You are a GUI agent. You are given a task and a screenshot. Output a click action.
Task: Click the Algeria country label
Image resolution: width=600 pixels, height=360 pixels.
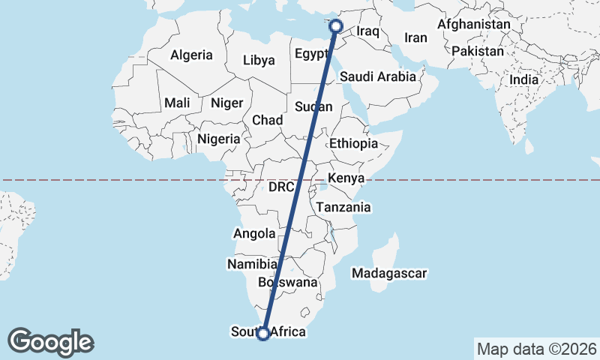192,55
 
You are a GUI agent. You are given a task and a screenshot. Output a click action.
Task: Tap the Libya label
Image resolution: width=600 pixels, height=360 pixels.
259,59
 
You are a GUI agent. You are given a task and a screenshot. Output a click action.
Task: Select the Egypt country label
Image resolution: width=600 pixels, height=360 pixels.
312,54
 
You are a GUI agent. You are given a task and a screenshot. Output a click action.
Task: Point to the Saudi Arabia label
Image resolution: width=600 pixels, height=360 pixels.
377,76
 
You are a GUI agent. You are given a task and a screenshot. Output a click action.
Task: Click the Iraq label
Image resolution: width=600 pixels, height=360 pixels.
369,31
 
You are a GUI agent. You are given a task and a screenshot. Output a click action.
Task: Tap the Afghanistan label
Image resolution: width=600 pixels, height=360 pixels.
473,25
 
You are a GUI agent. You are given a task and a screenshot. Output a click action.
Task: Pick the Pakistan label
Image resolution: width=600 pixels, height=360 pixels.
478,51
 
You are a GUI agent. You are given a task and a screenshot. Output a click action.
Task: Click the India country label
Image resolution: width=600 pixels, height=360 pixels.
523,79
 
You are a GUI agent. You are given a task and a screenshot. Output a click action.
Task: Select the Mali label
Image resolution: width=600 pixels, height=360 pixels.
178,102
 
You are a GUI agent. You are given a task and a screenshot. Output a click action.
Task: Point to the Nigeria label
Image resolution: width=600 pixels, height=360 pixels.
219,139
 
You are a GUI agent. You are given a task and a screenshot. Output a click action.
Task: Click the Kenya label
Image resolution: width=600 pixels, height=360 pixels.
346,178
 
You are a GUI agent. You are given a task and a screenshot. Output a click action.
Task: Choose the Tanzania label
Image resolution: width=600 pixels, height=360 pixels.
343,207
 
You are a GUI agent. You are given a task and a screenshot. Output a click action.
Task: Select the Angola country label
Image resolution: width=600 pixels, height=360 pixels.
255,233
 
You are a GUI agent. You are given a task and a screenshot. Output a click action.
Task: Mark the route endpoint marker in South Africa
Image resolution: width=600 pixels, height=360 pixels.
263,334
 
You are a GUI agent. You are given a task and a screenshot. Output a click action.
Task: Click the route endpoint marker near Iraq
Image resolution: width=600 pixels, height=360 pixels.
336,26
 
